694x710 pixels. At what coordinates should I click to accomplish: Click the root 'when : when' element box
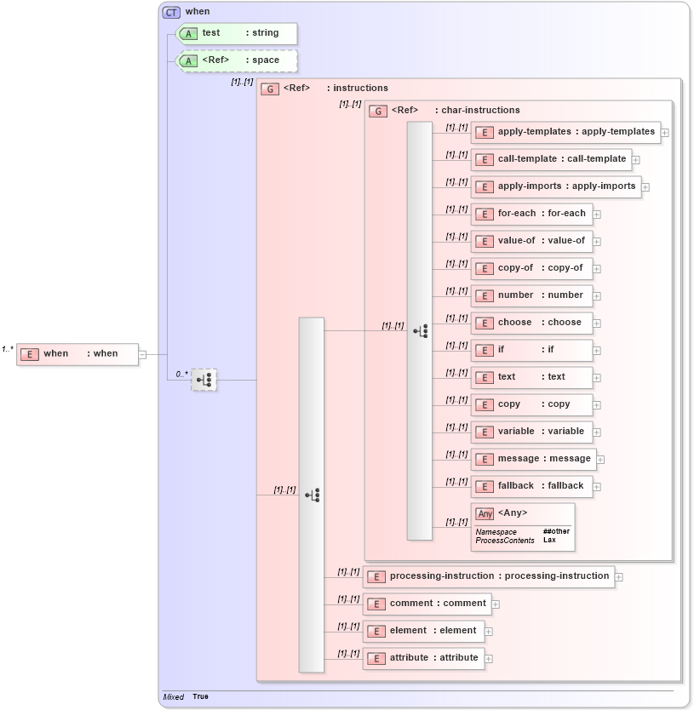(77, 354)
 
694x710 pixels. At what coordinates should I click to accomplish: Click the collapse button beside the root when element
(142, 354)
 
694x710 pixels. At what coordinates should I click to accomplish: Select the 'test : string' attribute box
(236, 33)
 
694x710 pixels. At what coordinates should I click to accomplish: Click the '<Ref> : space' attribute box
(236, 60)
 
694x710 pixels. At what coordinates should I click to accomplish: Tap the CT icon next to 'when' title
(171, 12)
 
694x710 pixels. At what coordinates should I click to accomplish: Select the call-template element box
(551, 159)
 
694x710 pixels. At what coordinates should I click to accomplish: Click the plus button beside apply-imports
(645, 186)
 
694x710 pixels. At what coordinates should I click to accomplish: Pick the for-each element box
(531, 214)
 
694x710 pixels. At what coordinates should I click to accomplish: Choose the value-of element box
(531, 241)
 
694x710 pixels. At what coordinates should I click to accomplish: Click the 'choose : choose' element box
(531, 323)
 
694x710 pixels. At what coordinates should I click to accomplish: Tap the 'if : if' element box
(531, 350)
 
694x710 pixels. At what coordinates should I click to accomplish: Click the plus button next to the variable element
(597, 432)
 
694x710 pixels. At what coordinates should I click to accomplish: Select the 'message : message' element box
(534, 459)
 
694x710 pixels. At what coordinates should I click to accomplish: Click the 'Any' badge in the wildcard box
(485, 513)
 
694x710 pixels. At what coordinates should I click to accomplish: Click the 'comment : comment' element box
(427, 604)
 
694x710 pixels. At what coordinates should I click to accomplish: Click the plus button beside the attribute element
(489, 658)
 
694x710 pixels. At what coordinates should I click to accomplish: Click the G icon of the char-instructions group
(378, 111)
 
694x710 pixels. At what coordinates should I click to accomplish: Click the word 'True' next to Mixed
(200, 696)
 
